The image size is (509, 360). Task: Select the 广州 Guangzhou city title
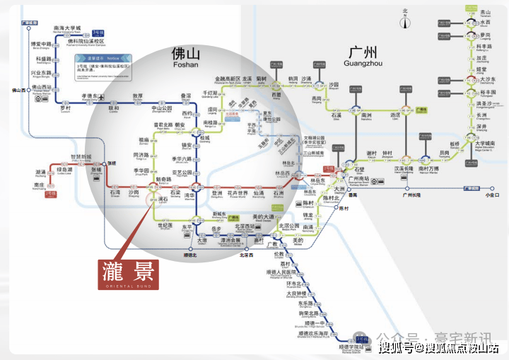(x=363, y=53)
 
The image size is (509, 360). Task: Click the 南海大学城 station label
(x=68, y=28)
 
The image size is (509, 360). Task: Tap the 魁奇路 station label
(x=164, y=180)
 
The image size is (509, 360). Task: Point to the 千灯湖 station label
(x=210, y=93)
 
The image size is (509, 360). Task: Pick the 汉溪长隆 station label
(x=403, y=169)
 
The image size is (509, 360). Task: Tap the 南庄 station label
(x=40, y=185)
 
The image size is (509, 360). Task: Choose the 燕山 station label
(x=485, y=12)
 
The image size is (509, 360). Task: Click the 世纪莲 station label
(x=165, y=226)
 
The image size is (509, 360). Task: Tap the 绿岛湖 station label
(x=64, y=170)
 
